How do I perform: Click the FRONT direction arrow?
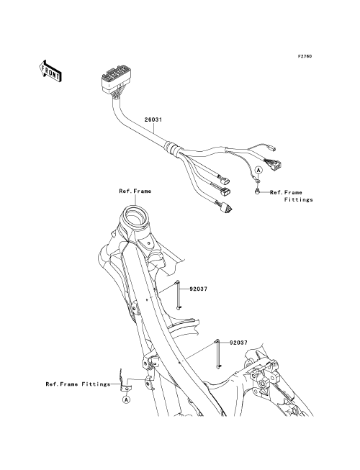coord(50,71)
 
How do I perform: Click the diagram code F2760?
coord(305,56)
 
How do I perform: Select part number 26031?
coord(153,119)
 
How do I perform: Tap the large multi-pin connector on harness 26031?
coord(112,79)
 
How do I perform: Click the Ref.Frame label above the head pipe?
coord(135,191)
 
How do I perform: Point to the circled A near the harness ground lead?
coord(258,170)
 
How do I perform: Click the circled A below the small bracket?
coord(127,399)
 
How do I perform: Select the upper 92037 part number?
coord(198,289)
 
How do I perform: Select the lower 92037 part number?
coord(238,343)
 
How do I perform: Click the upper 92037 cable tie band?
coord(179,294)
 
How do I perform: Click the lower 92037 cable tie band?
coord(217,353)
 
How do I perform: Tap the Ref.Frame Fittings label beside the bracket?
coord(78,384)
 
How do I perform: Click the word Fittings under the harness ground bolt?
coord(299,199)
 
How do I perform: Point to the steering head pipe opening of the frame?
coord(134,216)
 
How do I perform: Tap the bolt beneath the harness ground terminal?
coord(257,191)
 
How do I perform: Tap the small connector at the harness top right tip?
coord(272,148)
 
